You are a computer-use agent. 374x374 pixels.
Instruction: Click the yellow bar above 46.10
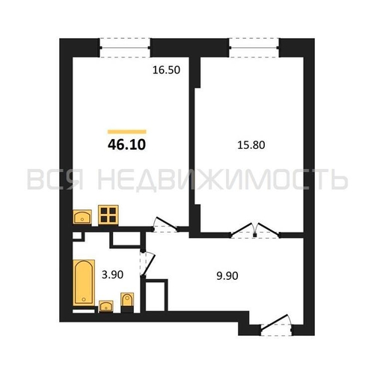(x=126, y=131)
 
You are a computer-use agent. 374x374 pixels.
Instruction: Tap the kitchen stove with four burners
(x=109, y=215)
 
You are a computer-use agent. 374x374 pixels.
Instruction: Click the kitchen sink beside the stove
(x=83, y=217)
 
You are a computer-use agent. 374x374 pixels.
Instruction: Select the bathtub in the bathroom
(x=82, y=282)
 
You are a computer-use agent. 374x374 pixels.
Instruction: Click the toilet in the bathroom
(x=127, y=301)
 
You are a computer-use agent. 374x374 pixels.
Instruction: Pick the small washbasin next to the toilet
(x=106, y=305)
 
